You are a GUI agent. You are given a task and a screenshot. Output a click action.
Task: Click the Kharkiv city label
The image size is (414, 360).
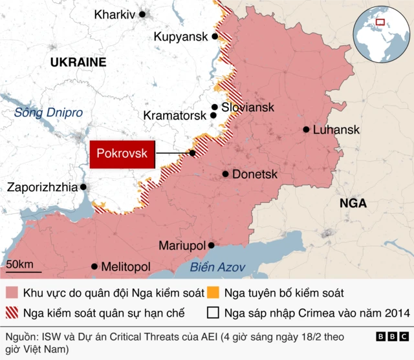coord(114,14)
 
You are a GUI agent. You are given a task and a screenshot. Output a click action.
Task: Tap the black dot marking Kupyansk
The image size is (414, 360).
coord(215,37)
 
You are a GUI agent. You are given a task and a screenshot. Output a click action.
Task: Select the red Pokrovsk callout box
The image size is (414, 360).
coord(122,154)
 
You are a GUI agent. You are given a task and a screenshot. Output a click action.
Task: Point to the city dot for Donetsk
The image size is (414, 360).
coord(225,174)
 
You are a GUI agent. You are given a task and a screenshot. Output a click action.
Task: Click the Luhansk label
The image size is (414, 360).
coord(336,130)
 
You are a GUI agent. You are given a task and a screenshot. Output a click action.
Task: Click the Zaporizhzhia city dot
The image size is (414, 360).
coord(83,187)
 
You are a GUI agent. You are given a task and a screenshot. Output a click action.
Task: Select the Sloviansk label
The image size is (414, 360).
coord(248,107)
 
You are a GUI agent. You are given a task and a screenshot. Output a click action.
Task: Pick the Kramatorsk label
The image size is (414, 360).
coord(175,116)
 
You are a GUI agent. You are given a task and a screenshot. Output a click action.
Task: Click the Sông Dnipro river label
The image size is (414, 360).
coord(49,112)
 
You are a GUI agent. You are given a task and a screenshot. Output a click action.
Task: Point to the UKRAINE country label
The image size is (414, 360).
coord(78,62)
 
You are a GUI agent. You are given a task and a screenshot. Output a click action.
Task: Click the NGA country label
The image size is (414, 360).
coord(353,204)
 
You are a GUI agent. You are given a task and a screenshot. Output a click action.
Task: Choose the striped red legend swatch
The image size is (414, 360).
coord(12,313)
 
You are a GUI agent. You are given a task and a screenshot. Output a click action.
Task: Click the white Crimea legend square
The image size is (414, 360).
coord(213,313)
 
